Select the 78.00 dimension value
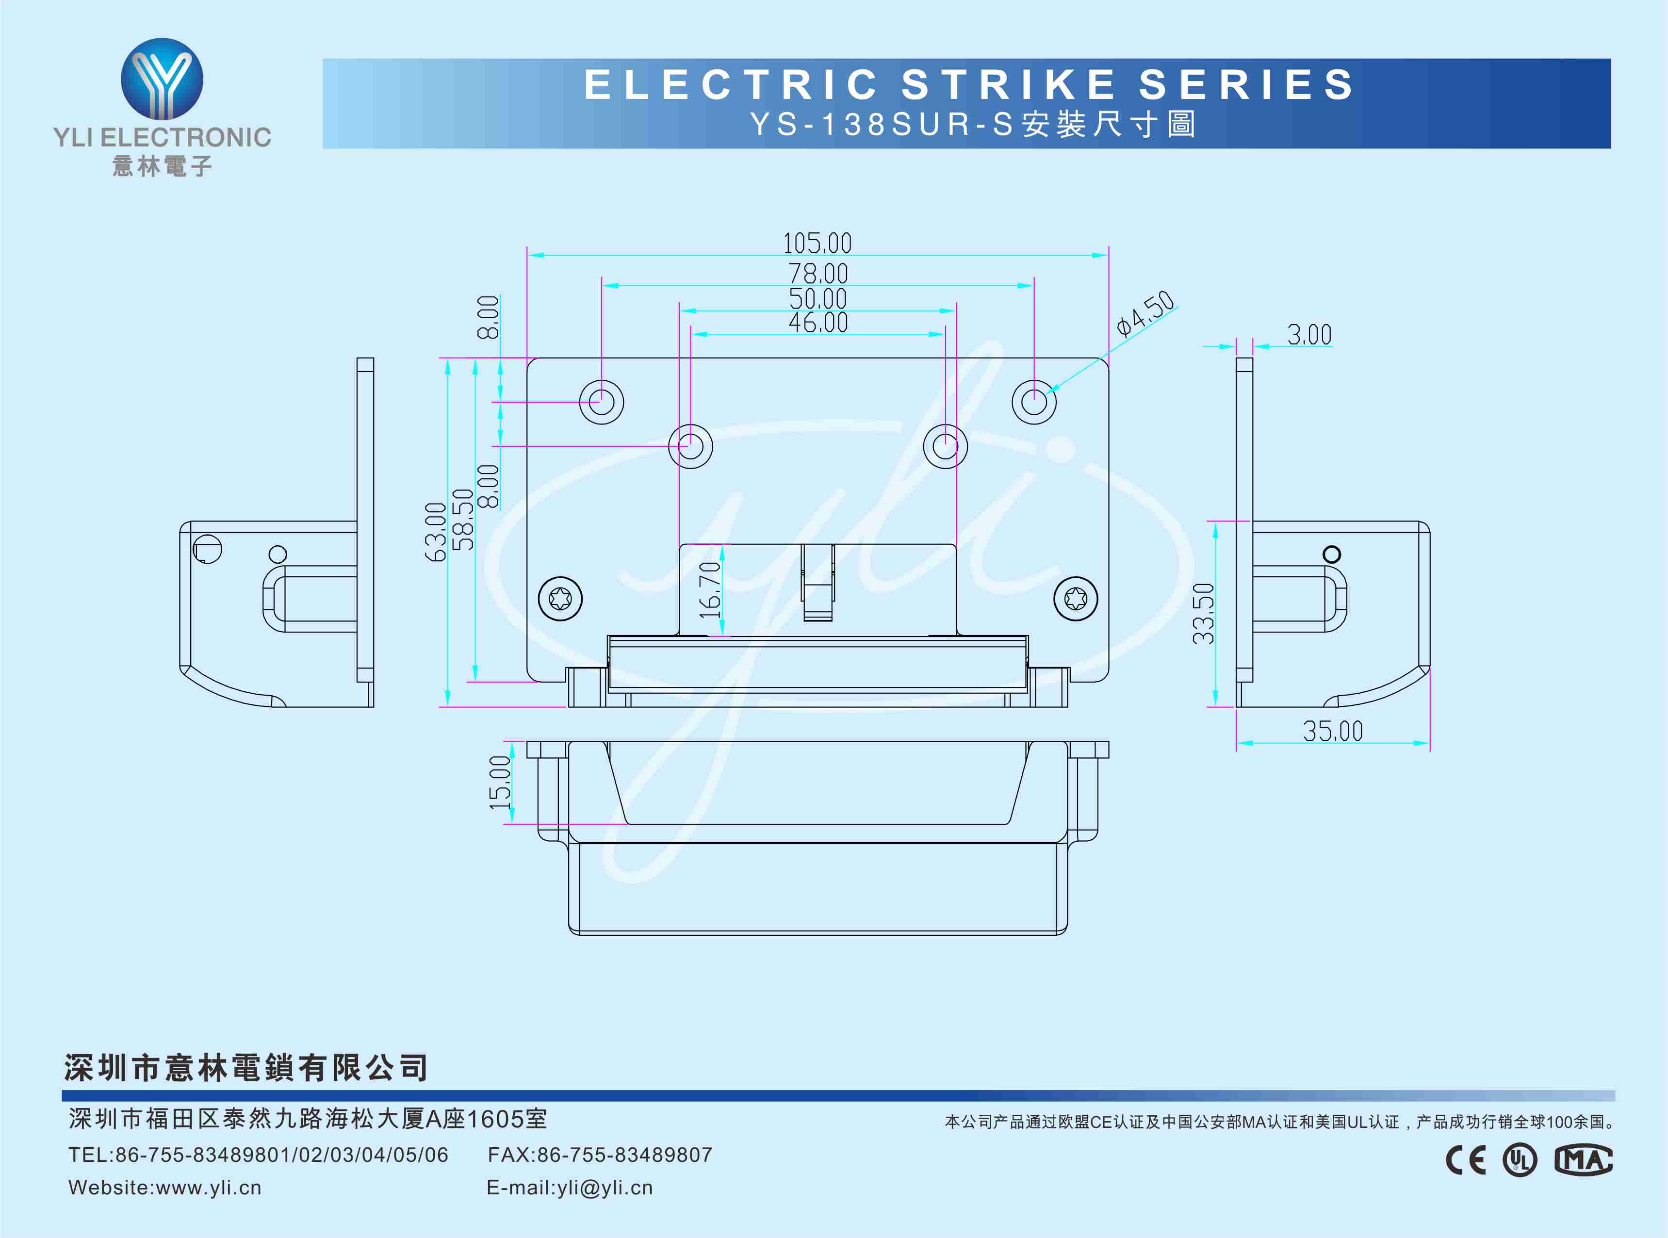coord(818,274)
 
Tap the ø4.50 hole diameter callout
coord(1145,312)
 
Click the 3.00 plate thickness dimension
coord(1309,334)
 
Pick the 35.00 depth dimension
coord(1332,731)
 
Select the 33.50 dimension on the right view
coord(1203,613)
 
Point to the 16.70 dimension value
coord(710,590)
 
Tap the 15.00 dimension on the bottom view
coord(500,782)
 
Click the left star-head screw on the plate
coord(560,599)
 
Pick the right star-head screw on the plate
coord(1075,599)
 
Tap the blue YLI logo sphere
coord(162,79)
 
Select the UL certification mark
coord(1520,1160)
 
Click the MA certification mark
coord(1583,1160)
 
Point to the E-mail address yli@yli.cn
coord(570,1188)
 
